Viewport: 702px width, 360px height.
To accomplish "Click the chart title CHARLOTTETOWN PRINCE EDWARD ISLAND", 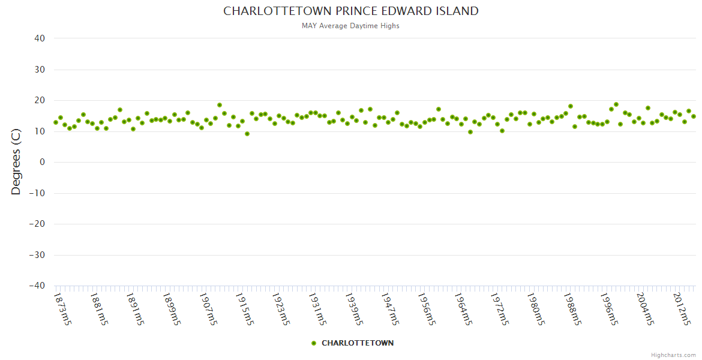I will [x=351, y=11].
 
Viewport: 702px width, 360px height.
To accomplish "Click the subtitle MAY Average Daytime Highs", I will [x=351, y=26].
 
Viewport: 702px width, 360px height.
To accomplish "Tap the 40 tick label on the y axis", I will [x=40, y=38].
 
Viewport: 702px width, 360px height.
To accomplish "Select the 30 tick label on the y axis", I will [x=40, y=70].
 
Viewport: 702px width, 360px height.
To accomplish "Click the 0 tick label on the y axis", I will [x=43, y=162].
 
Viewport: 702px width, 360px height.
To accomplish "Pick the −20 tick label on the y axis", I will [x=37, y=224].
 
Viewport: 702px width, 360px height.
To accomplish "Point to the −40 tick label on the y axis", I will [x=37, y=286].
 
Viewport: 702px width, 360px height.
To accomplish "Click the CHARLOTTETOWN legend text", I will [x=358, y=343].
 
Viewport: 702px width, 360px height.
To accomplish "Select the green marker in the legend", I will [x=313, y=343].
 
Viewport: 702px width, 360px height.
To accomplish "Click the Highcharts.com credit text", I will [x=673, y=355].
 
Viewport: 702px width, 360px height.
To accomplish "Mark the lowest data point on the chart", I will [x=247, y=134].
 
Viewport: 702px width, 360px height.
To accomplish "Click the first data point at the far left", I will [x=56, y=122].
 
